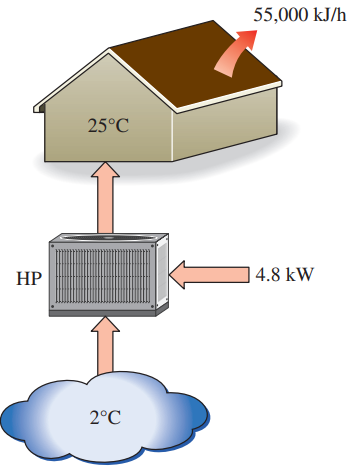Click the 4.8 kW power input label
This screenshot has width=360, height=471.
coord(284,273)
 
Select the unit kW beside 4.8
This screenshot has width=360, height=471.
coord(298,273)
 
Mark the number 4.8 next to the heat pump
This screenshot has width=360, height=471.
coord(267,273)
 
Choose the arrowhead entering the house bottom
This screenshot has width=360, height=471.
coord(105,172)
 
